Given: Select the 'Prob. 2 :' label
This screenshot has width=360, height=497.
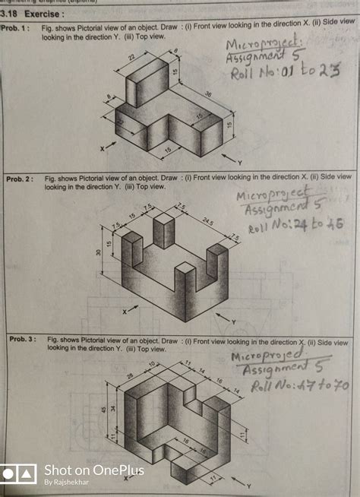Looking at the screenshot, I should pos(22,179).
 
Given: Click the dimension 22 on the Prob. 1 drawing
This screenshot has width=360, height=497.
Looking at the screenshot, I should pos(131,58).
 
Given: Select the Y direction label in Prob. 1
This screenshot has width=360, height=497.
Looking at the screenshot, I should pos(239,163).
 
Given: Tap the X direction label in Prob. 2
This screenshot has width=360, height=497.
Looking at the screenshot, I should pos(125,312).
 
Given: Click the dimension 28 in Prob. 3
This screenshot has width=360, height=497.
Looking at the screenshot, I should pos(130,375).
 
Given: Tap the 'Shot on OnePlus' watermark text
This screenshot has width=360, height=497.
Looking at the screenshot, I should pos(93,470).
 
